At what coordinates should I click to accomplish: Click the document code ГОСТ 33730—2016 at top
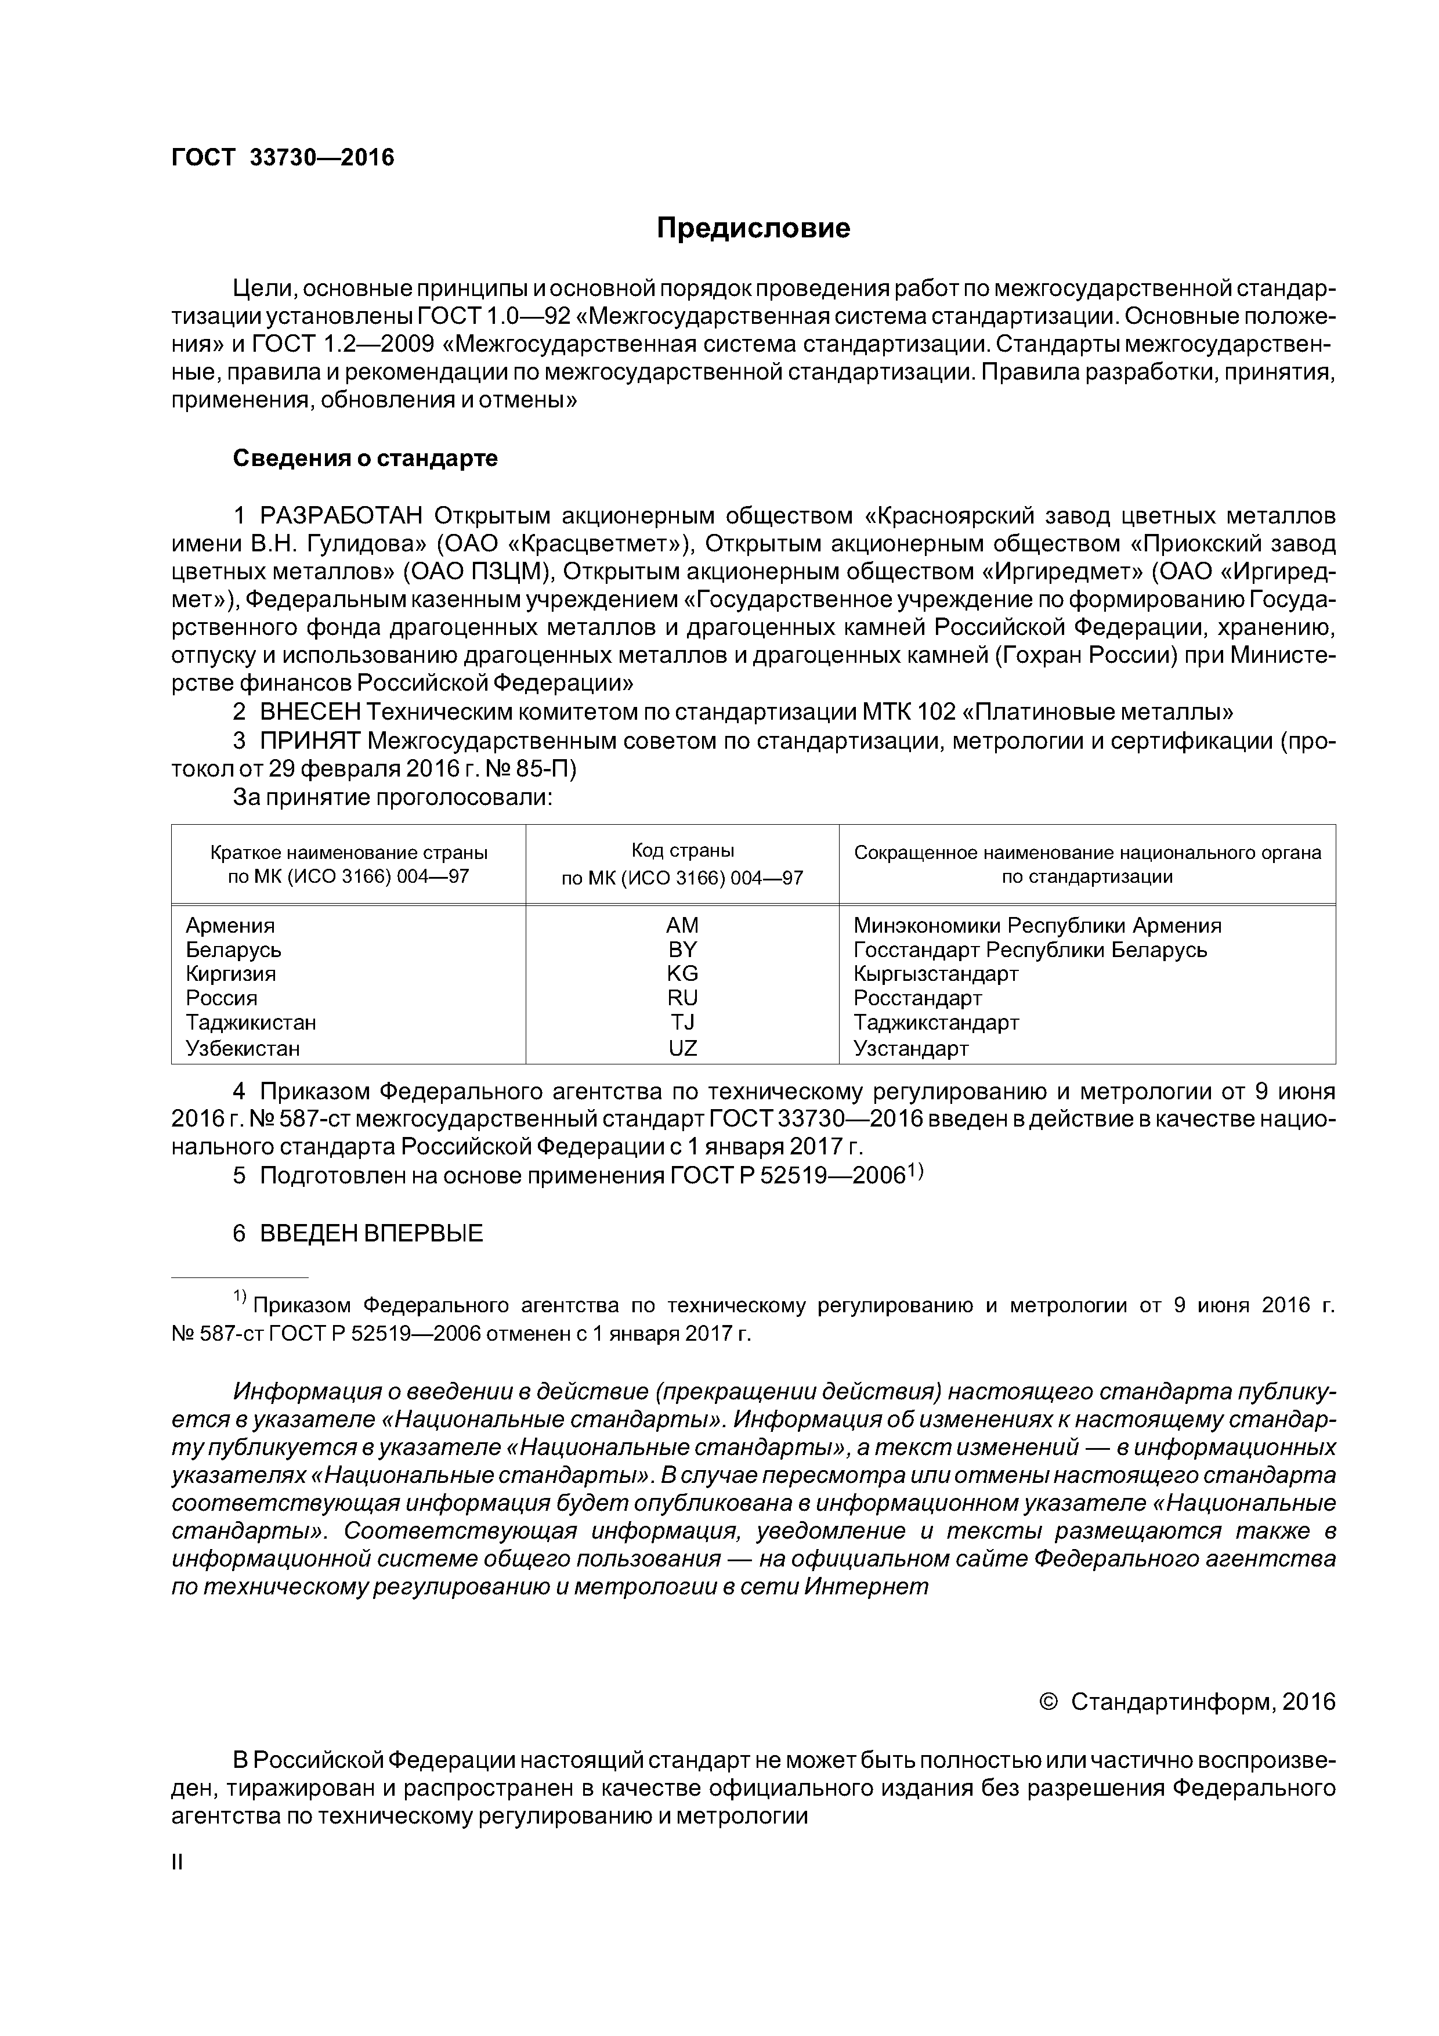coord(282,158)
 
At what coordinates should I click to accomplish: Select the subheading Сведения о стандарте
coord(366,459)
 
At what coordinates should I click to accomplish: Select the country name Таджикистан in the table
coord(251,1023)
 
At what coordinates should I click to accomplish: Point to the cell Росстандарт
coord(918,998)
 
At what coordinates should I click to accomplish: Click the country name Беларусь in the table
coord(233,950)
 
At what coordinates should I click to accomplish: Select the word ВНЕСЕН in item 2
coord(311,712)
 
